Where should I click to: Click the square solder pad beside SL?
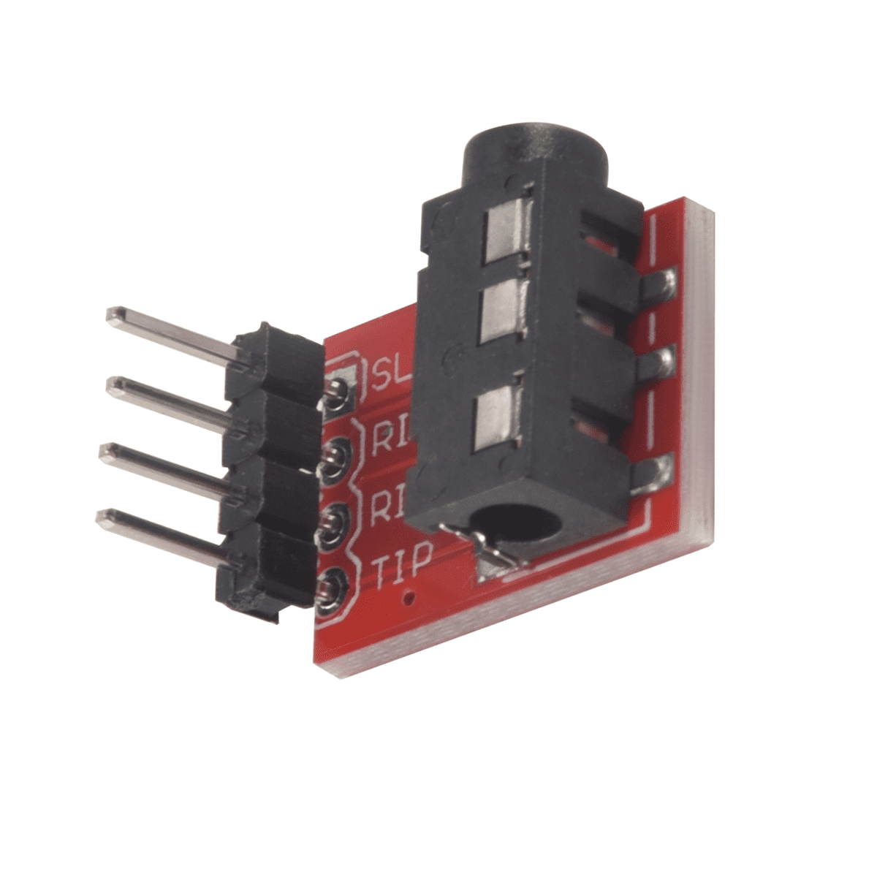point(339,392)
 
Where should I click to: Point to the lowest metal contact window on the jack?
point(496,419)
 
